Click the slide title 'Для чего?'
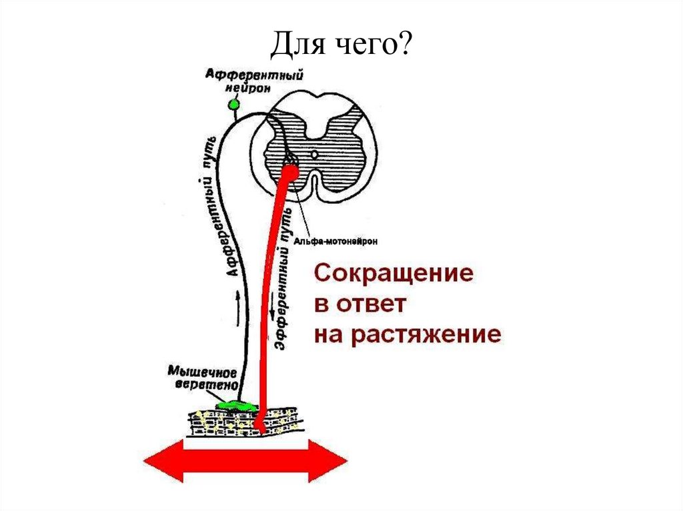coord(341,47)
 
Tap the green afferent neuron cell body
coord(233,105)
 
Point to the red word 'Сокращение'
coord(394,274)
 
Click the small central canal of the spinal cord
coord(314,154)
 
